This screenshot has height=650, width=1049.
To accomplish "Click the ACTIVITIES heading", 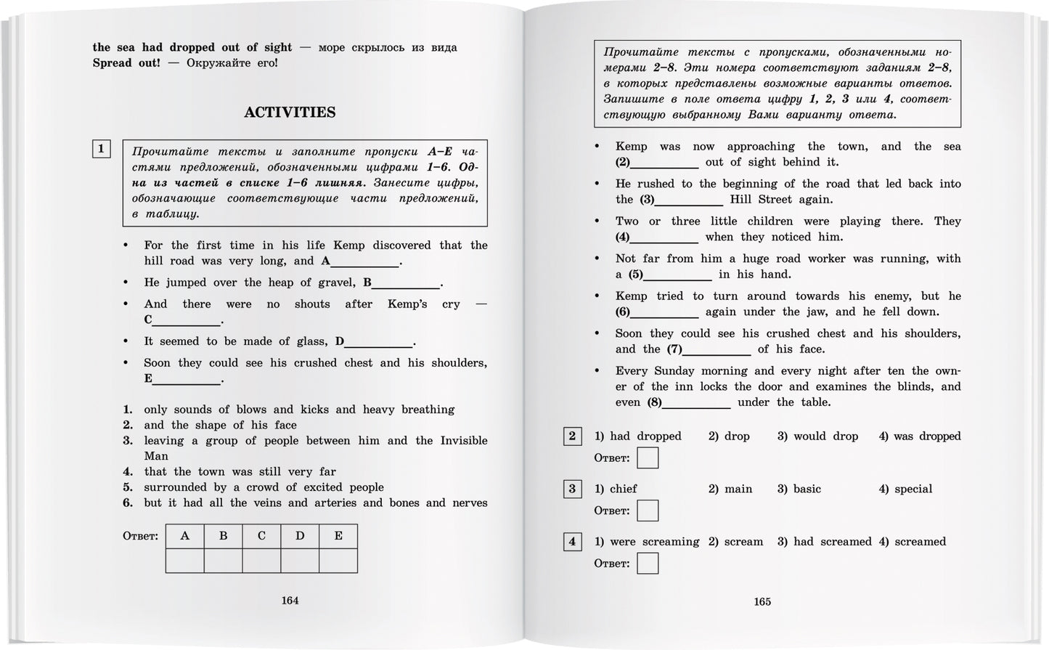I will pyautogui.click(x=290, y=113).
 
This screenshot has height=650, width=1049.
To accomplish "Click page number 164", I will pyautogui.click(x=290, y=601).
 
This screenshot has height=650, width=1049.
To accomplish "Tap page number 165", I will pyautogui.click(x=762, y=601).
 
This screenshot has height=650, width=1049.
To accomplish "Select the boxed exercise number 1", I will pyautogui.click(x=101, y=149).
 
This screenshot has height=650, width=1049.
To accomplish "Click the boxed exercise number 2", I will pyautogui.click(x=572, y=436).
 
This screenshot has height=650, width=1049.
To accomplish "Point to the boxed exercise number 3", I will pyautogui.click(x=572, y=489).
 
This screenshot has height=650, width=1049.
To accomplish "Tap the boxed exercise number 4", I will pyautogui.click(x=572, y=541).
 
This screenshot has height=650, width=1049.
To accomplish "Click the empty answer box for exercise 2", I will pyautogui.click(x=648, y=458).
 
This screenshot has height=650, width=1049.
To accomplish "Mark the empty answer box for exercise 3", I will pyautogui.click(x=648, y=511).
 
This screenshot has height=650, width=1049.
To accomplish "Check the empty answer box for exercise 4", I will pyautogui.click(x=648, y=564).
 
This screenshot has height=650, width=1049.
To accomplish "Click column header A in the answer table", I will pyautogui.click(x=184, y=536).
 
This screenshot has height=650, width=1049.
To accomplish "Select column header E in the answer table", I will pyautogui.click(x=338, y=536).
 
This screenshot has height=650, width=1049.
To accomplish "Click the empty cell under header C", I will pyautogui.click(x=261, y=561).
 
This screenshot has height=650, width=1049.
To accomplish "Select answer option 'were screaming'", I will pyautogui.click(x=654, y=542).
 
